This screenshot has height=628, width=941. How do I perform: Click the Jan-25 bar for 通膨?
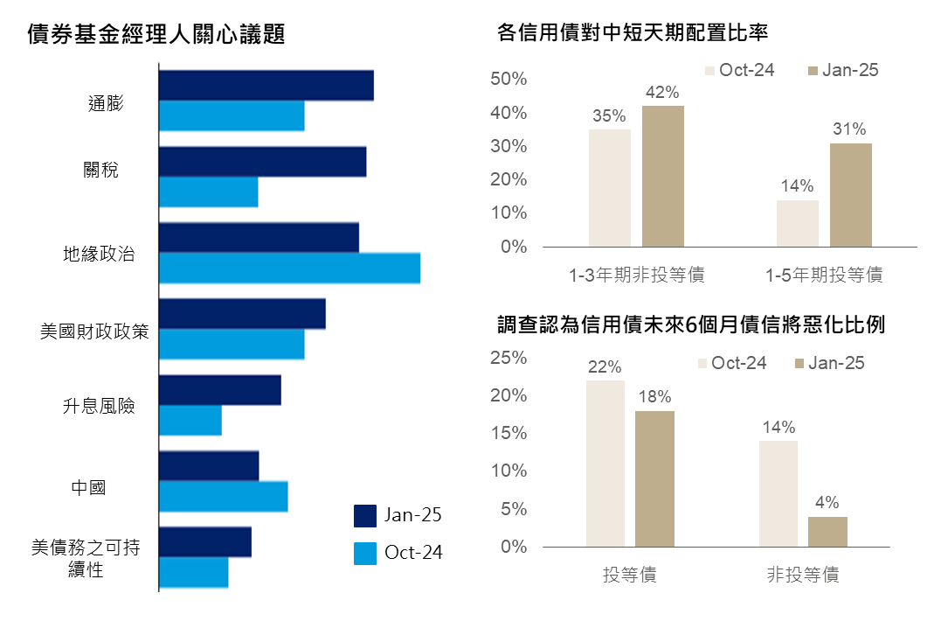[x=266, y=86]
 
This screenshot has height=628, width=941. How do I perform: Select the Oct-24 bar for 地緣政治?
[x=289, y=268]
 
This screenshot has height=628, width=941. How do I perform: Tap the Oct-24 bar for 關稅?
[x=208, y=192]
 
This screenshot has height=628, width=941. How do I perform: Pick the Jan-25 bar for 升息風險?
[x=219, y=390]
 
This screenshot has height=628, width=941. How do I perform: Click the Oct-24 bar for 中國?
[x=223, y=496]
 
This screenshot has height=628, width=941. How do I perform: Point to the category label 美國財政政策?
[x=94, y=331]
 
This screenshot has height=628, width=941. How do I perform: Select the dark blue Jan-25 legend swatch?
[x=364, y=515]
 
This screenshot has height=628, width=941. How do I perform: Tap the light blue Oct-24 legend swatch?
[x=364, y=553]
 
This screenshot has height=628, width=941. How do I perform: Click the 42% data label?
[x=662, y=93]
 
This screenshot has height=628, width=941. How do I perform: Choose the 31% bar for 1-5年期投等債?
[x=850, y=195]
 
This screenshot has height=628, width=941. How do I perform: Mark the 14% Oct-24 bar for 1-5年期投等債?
[x=797, y=223]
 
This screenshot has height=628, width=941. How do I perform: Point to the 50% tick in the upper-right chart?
[x=509, y=80]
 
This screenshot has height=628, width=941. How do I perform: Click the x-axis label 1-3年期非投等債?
[x=636, y=276]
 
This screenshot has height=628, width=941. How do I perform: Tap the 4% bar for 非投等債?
[x=827, y=532]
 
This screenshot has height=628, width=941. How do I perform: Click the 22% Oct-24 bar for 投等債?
[x=605, y=464]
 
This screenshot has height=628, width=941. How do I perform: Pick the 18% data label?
[x=654, y=397]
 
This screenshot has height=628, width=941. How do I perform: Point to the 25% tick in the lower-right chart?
[x=509, y=358]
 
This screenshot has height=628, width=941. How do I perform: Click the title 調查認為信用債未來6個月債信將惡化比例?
[x=690, y=325]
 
